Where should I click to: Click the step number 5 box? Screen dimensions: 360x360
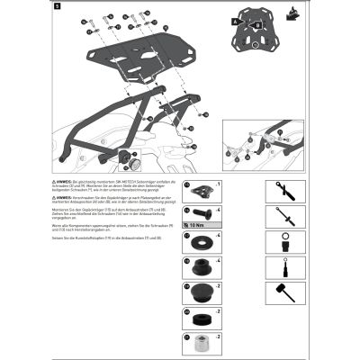(x=58, y=7)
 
